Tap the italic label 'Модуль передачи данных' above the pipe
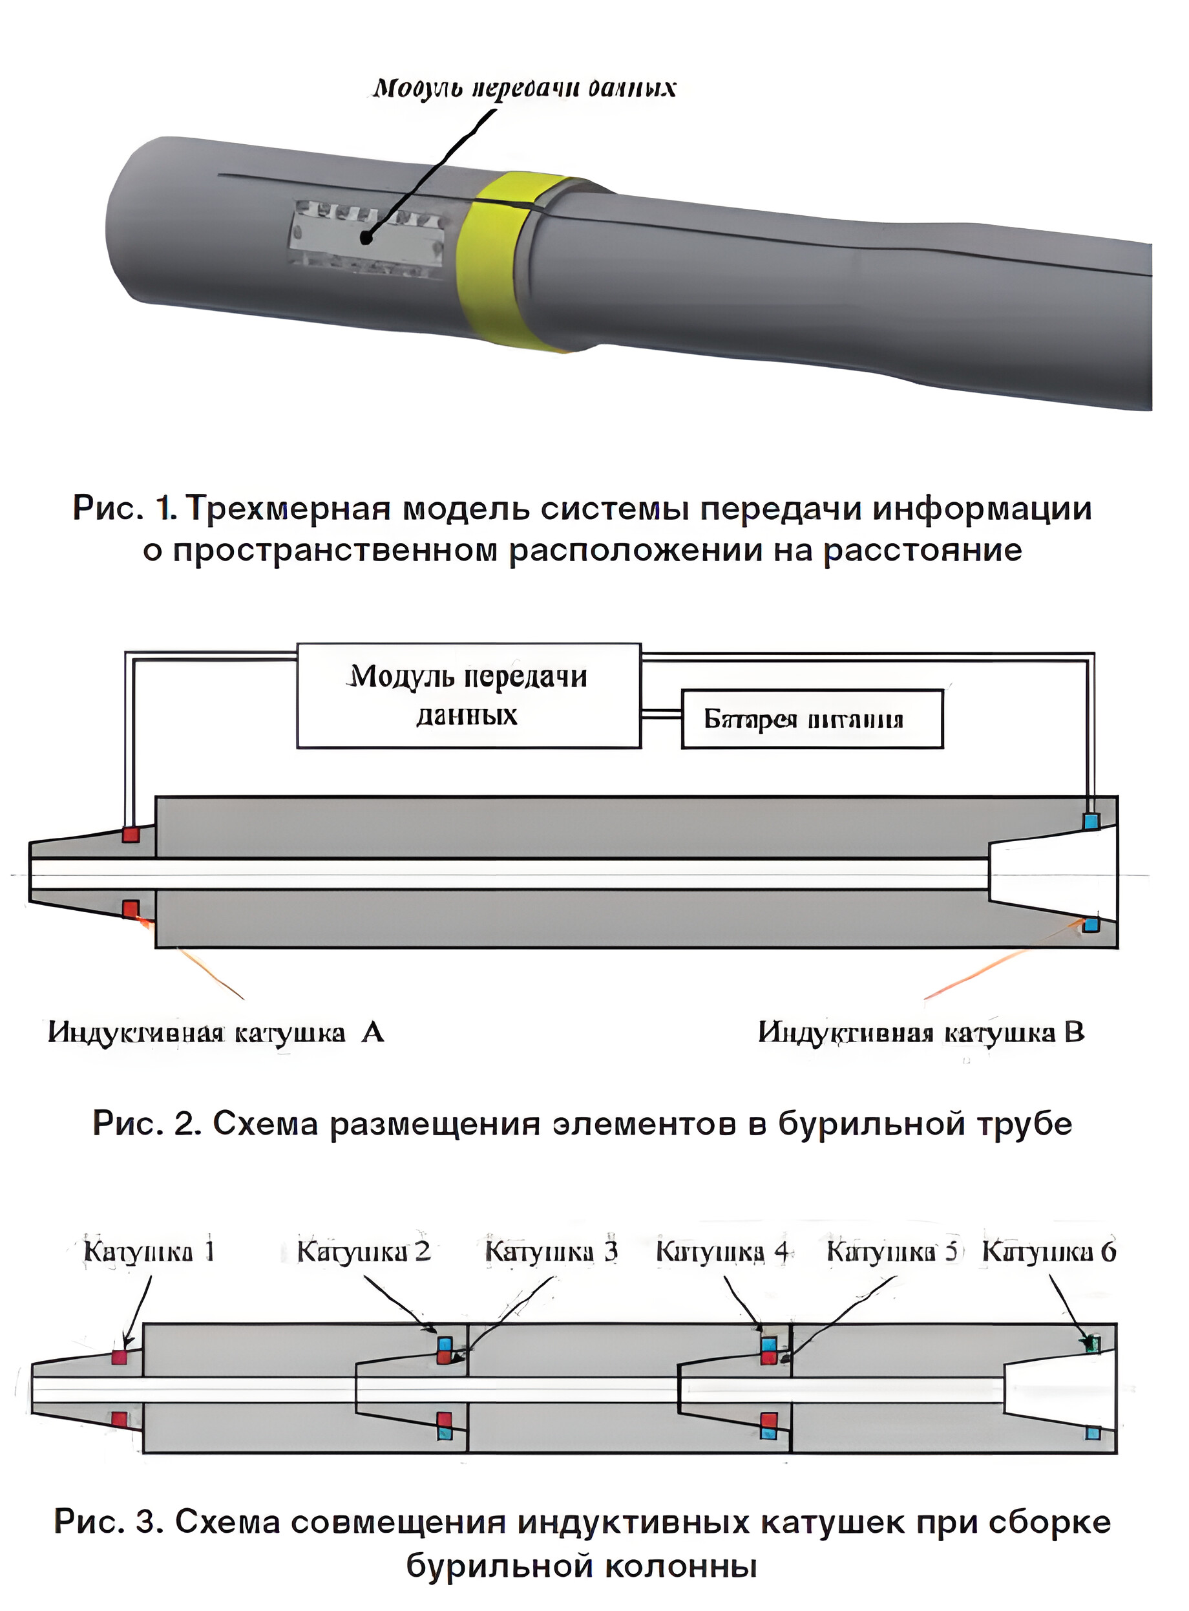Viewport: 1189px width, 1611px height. pyautogui.click(x=524, y=88)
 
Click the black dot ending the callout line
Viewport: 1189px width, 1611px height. pyautogui.click(x=366, y=237)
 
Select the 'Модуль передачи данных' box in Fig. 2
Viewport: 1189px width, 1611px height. pyautogui.click(x=468, y=696)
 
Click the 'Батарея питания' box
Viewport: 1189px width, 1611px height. pyautogui.click(x=811, y=719)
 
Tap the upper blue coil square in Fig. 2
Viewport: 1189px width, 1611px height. pyautogui.click(x=1091, y=820)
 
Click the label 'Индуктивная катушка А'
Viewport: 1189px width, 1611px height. pyautogui.click(x=216, y=1032)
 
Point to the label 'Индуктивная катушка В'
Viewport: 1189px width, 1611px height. pyautogui.click(x=921, y=1032)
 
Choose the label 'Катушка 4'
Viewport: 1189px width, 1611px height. pyautogui.click(x=722, y=1252)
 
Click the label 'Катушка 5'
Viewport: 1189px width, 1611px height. pyautogui.click(x=892, y=1252)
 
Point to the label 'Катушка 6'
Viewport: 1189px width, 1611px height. pyautogui.click(x=1049, y=1252)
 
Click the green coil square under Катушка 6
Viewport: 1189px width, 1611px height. pyautogui.click(x=1093, y=1343)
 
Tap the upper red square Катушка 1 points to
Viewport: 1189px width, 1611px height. pyautogui.click(x=119, y=1357)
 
